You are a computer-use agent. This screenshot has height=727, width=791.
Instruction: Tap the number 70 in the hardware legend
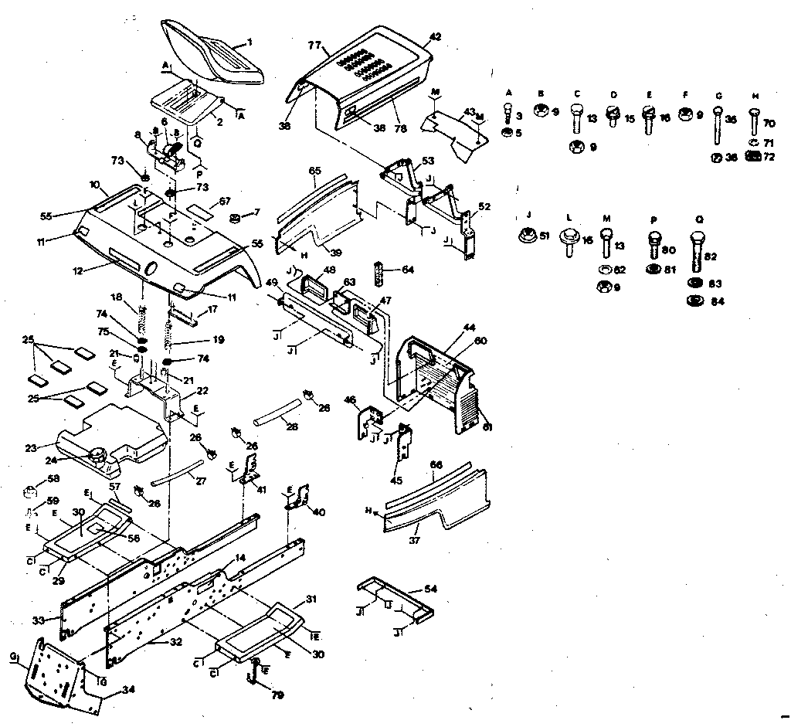pyautogui.click(x=769, y=122)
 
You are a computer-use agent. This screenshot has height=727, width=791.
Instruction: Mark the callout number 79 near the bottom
pyautogui.click(x=277, y=695)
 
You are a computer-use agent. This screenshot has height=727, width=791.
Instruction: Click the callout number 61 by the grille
pyautogui.click(x=487, y=426)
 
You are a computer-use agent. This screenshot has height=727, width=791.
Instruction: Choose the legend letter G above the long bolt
pyautogui.click(x=718, y=95)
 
